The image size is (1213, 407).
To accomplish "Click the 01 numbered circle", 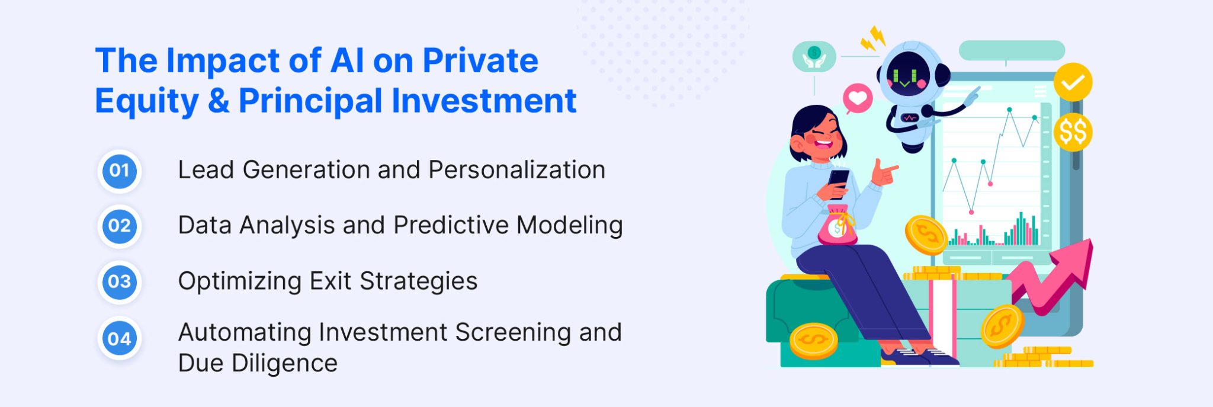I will coord(120,171).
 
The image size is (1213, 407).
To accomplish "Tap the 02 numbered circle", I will coord(120,226).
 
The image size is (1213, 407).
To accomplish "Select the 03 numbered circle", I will coord(120,281).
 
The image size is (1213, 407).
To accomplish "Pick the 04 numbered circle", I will coord(120,339).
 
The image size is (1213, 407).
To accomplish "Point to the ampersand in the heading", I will coord(219,101).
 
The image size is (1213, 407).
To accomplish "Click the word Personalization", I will coord(516,170).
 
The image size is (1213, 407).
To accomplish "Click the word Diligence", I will coord(284,363).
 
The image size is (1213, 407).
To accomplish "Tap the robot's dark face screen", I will coord(906,74).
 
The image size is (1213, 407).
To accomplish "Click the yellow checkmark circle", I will coord(1073,82).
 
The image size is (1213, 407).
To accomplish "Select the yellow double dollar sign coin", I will coord(1073,132).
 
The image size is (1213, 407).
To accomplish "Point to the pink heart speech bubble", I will coord(858,98).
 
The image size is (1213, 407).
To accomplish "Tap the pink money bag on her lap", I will coord(836,228).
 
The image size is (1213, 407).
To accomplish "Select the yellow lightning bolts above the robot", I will coord(873,39).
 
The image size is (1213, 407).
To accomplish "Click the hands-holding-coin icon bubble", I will coord(814,57).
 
